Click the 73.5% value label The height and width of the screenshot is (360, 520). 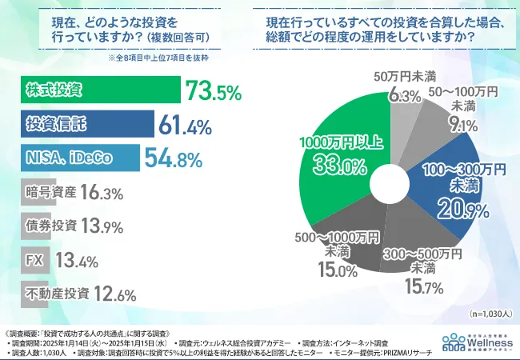coord(213,91)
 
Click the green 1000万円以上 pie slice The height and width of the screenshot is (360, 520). coord(336,160)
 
